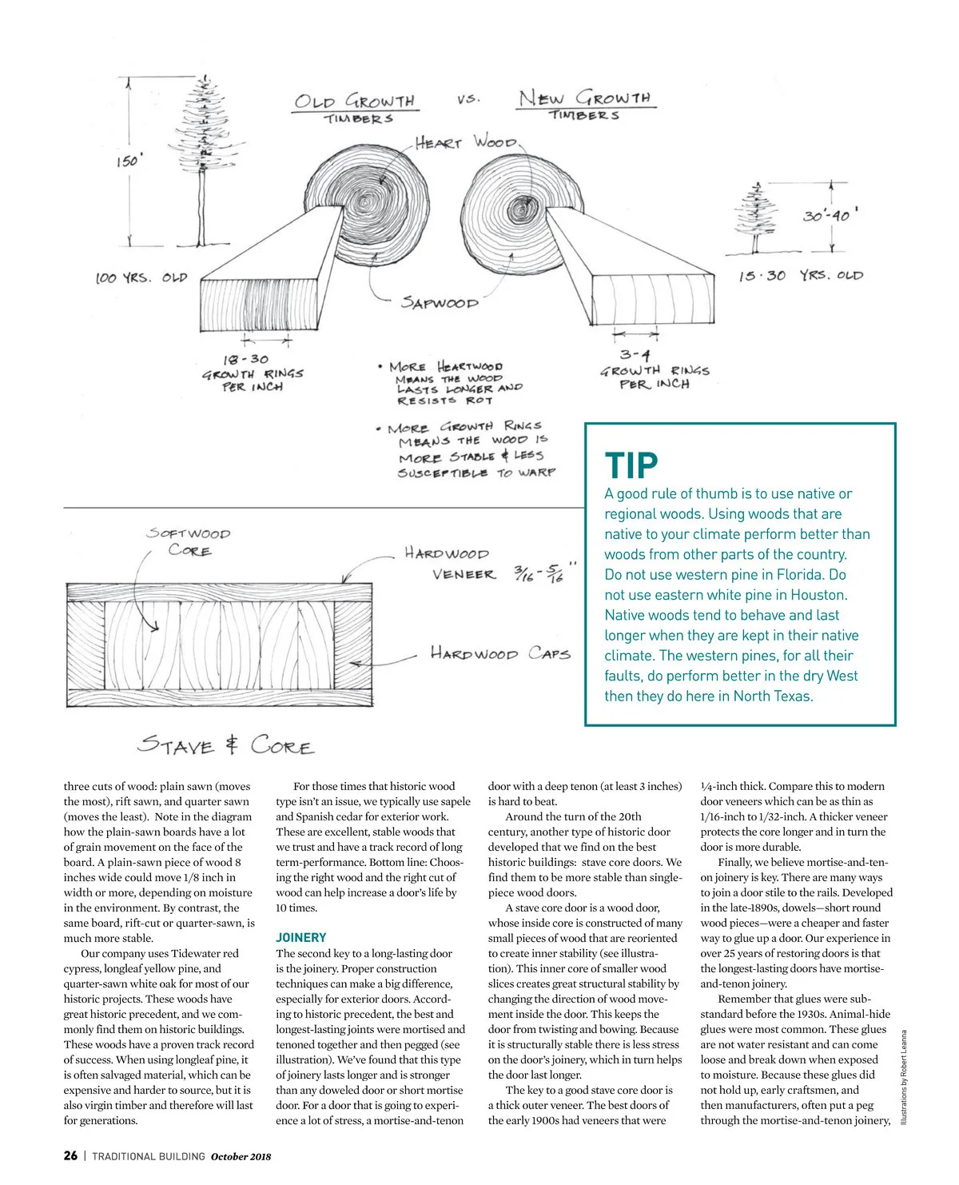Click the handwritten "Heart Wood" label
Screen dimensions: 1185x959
coord(465,143)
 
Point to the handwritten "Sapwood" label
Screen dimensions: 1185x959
coord(440,302)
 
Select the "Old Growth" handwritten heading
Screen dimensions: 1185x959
coord(355,102)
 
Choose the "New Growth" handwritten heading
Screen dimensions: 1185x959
coord(584,99)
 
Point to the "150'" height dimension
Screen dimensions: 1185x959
coord(127,162)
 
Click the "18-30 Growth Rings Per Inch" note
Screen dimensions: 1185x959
coord(253,373)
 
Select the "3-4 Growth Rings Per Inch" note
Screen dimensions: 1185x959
coord(655,369)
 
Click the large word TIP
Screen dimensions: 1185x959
coord(631,465)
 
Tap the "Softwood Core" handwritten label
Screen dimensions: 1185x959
coord(189,541)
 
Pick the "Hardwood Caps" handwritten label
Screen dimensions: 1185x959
coord(500,653)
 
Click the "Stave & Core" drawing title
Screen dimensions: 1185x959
coord(225,744)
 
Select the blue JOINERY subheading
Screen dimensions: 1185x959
coord(301,937)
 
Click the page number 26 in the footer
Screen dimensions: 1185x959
coord(70,1155)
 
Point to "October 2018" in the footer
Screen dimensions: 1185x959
coord(241,1156)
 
